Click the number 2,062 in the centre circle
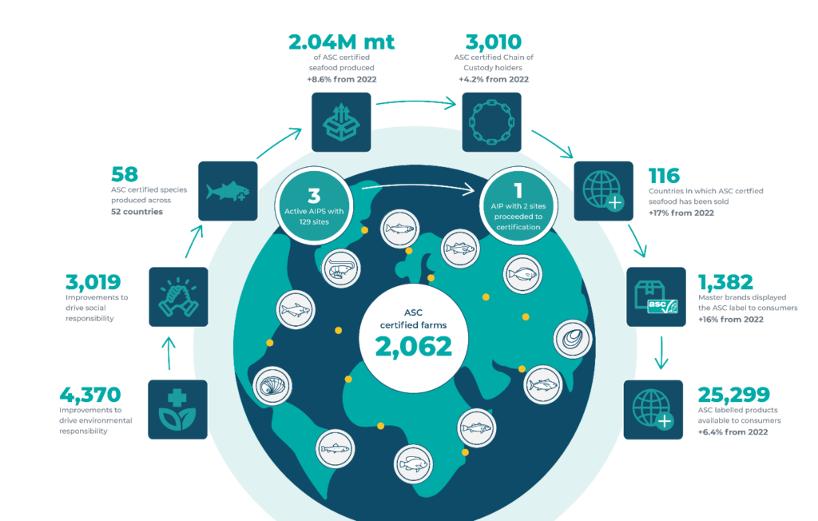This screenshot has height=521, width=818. tap(414, 347)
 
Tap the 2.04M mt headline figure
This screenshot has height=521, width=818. tap(342, 42)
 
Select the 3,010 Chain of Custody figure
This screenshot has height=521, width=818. tap(494, 42)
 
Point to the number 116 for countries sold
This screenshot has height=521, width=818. tap(664, 176)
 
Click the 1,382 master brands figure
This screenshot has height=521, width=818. tap(725, 282)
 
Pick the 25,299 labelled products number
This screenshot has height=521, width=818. tap(733, 396)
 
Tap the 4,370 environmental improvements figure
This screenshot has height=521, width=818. tap(90, 396)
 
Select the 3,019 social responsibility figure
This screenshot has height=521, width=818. tap(93, 282)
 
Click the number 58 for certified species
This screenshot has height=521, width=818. tap(124, 174)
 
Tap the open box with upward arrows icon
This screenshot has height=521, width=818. tap(341, 122)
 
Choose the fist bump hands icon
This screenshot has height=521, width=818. tap(178, 297)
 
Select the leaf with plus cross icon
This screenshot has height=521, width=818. tap(177, 409)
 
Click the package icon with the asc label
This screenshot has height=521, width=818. tap(656, 297)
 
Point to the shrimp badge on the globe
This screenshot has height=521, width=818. tap(340, 268)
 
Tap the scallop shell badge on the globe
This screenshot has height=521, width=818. tap(272, 386)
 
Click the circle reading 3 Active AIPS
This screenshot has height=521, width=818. tap(314, 206)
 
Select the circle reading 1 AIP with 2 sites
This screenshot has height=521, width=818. tap(518, 206)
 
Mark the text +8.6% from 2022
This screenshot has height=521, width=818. tap(342, 79)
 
